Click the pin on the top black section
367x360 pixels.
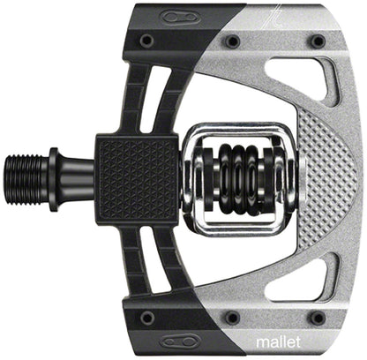click(146, 41)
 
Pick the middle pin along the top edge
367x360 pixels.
click(232, 41)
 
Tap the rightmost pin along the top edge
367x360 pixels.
click(316, 41)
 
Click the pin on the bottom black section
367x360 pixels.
click(146, 316)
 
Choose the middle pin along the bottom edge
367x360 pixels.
click(232, 317)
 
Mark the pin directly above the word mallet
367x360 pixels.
click(316, 317)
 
